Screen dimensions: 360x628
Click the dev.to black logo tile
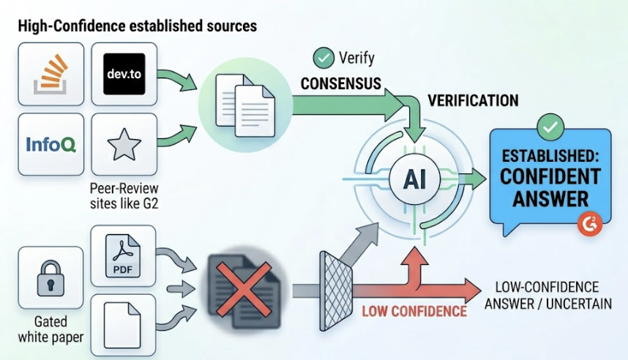[x=124, y=73]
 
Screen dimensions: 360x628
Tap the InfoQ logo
[x=51, y=143]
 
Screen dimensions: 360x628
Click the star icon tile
[x=124, y=144]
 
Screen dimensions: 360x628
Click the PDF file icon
[x=123, y=258]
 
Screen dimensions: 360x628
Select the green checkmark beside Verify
[x=322, y=57]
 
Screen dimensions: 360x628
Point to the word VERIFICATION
[x=473, y=101]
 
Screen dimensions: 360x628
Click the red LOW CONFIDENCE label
[x=414, y=311]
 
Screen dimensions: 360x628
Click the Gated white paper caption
[x=51, y=330]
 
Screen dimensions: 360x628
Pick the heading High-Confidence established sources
[x=137, y=26]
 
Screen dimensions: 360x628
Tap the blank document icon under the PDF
[x=123, y=322]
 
